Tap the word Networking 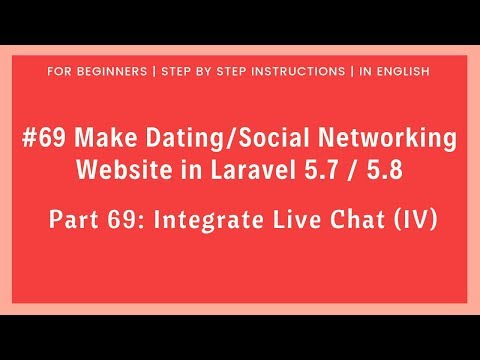[382, 137]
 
